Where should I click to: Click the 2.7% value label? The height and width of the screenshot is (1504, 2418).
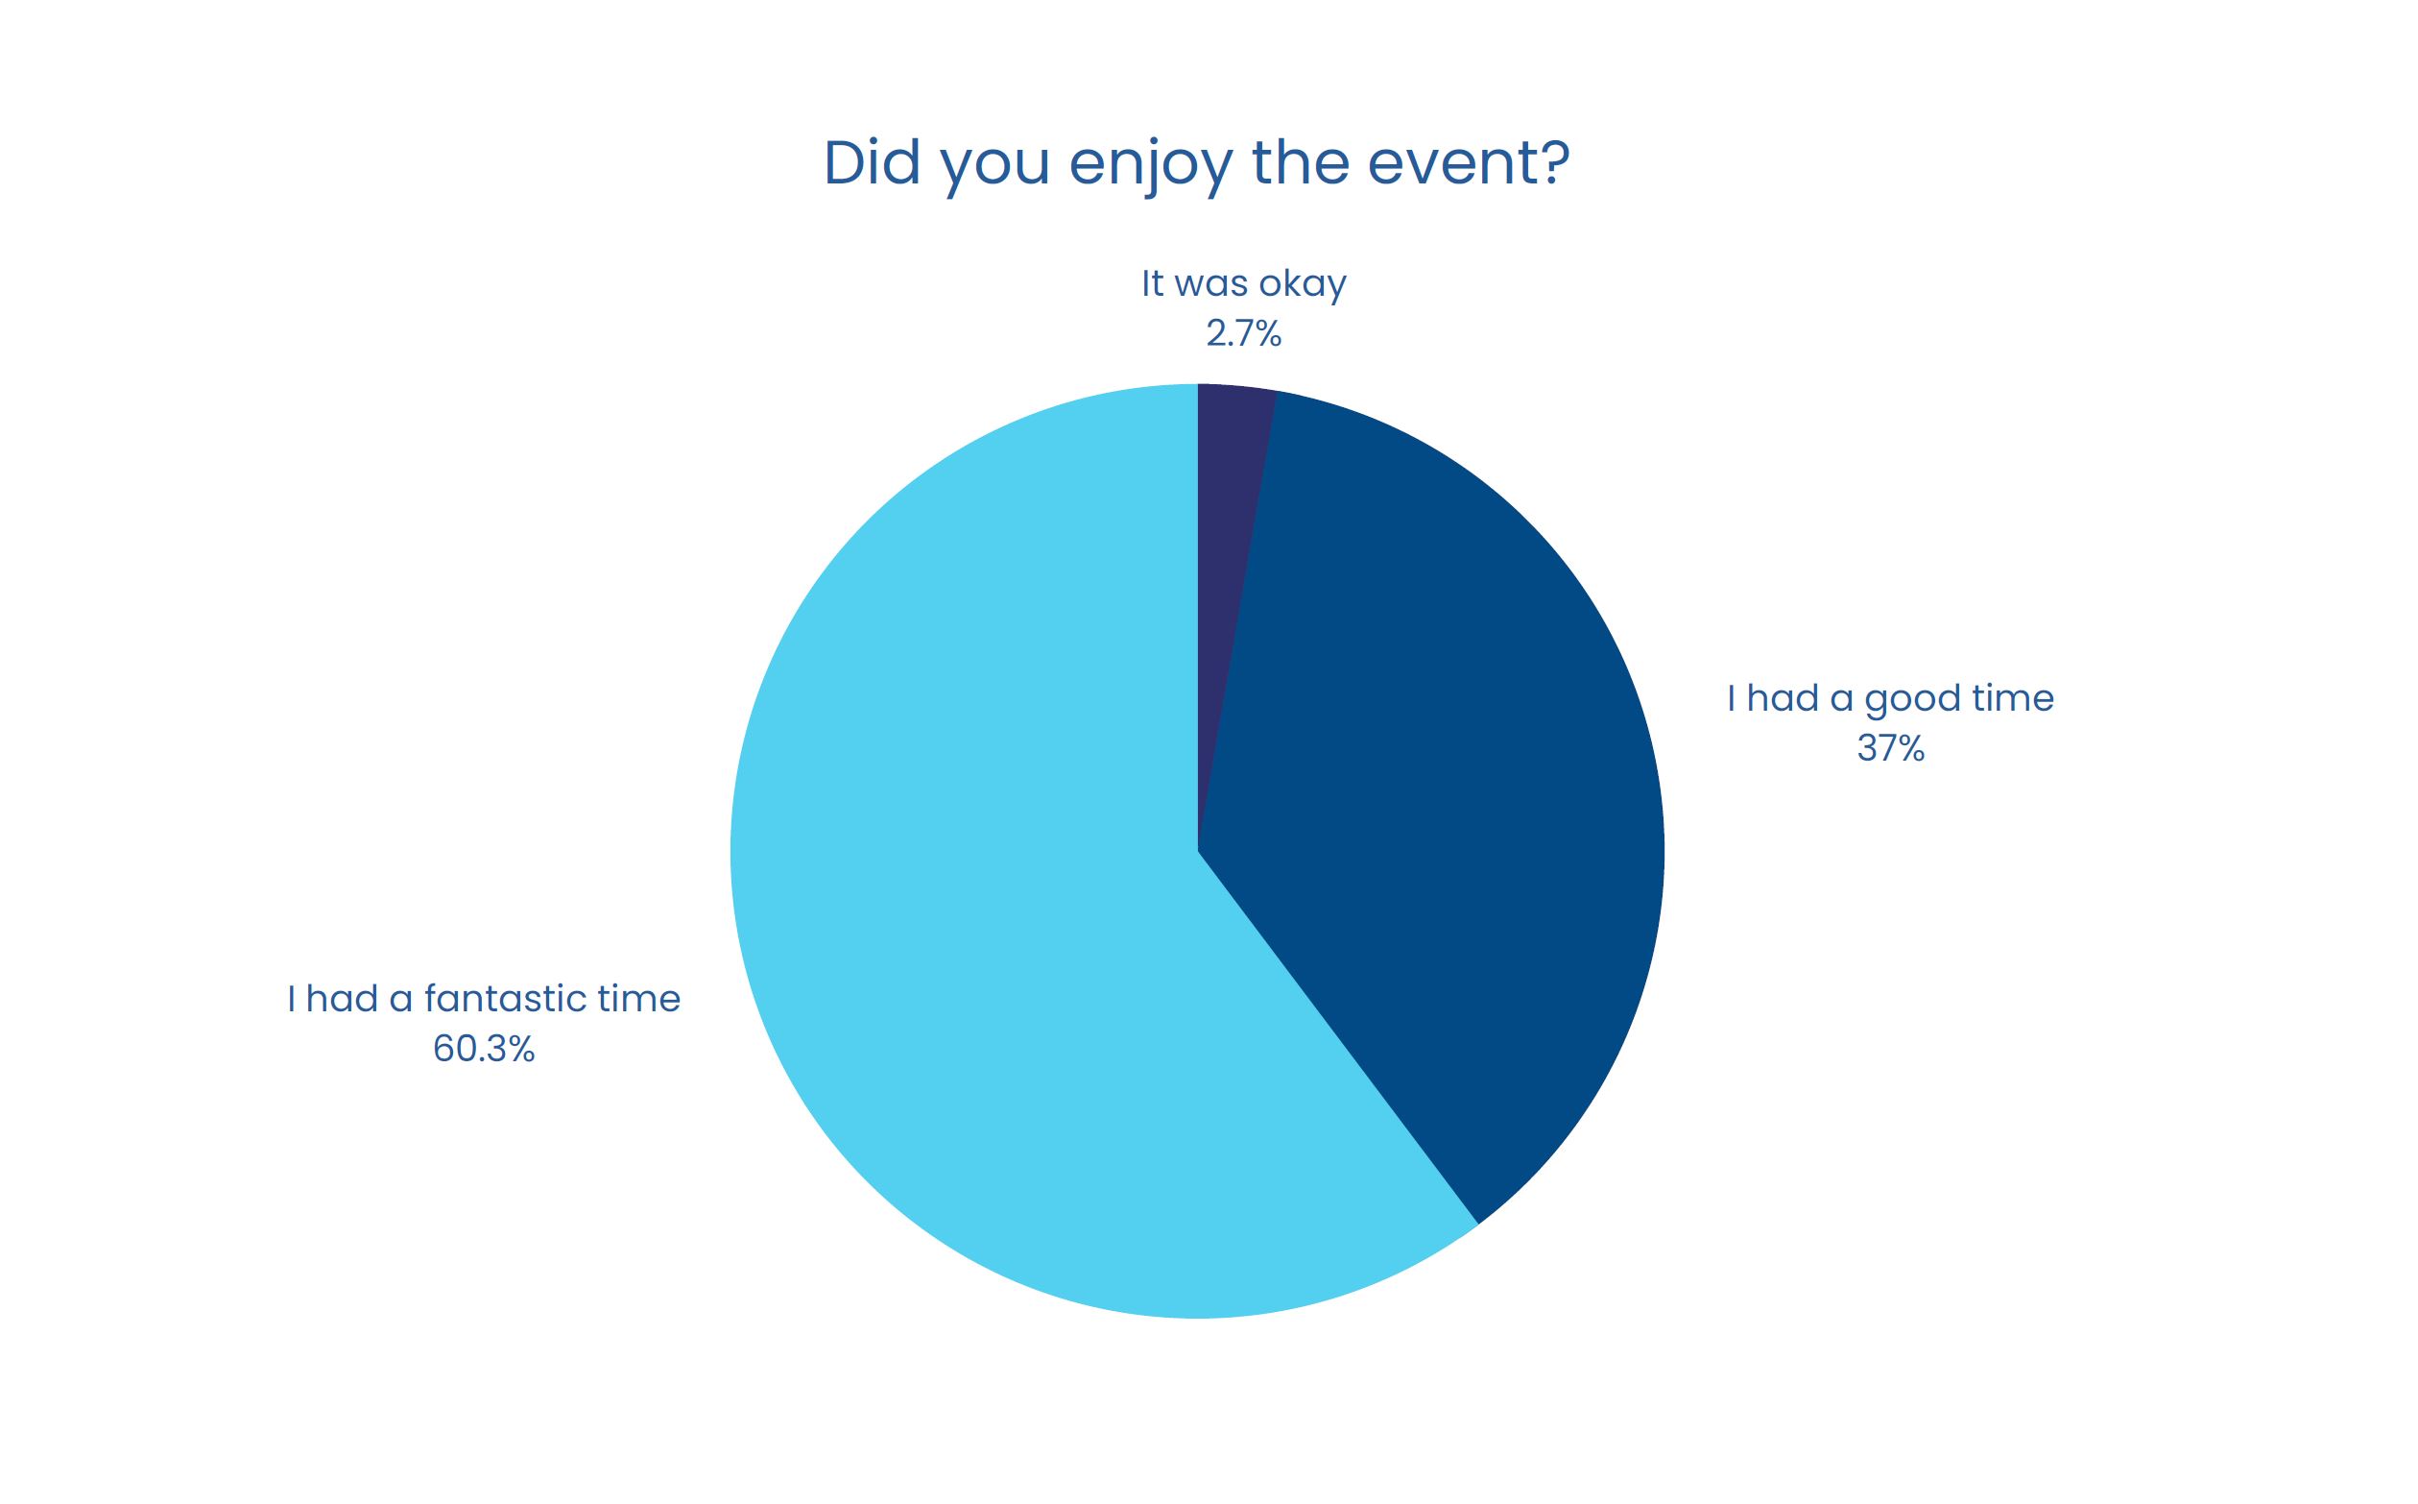[x=1244, y=334]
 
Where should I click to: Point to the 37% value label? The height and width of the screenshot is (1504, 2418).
[x=1890, y=748]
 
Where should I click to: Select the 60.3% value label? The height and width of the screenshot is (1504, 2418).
[x=483, y=1049]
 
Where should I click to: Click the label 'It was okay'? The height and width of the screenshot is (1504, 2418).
[x=1244, y=283]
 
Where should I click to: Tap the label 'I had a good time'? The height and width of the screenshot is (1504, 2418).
[x=1890, y=698]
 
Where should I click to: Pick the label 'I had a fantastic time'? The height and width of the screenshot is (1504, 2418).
[x=483, y=998]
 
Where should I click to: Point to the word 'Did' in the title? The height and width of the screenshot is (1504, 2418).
[x=872, y=162]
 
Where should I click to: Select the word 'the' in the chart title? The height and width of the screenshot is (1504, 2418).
[x=1302, y=162]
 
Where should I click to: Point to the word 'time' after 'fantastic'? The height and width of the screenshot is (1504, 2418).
[x=639, y=998]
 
